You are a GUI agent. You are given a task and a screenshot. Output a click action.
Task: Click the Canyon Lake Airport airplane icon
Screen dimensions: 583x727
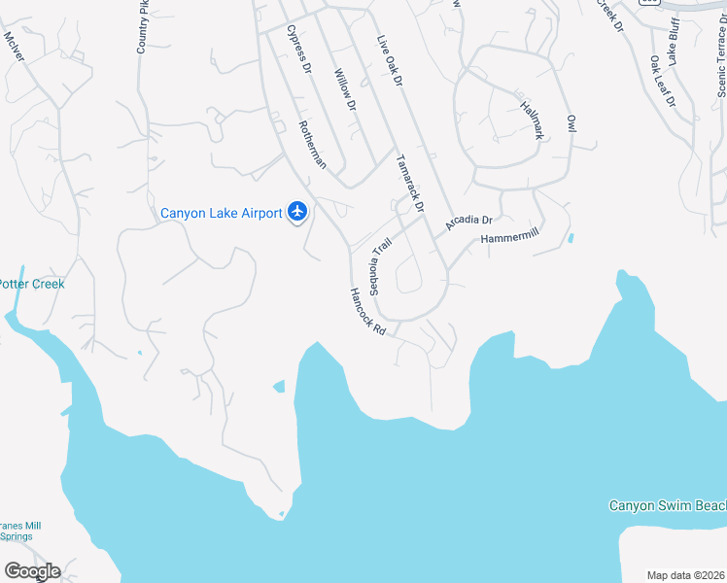point(297,212)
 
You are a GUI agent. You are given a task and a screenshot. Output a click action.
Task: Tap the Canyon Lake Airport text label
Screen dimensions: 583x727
point(221,213)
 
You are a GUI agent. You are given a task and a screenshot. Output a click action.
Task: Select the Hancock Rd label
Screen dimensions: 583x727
point(368,312)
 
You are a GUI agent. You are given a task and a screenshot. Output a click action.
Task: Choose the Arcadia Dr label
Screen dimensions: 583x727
point(470,223)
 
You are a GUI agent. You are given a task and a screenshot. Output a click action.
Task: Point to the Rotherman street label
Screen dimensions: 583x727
point(311,144)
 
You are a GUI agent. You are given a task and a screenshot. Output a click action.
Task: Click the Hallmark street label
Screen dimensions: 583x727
point(531,120)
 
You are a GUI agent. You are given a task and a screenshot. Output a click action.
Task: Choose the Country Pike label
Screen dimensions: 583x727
point(142,26)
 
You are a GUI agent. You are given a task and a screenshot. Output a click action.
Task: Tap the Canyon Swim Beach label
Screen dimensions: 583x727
point(668,505)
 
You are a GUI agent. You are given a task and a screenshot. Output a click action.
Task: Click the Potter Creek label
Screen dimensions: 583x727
point(31,284)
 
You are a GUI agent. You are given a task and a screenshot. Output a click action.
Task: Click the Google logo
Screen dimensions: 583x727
point(32,570)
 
